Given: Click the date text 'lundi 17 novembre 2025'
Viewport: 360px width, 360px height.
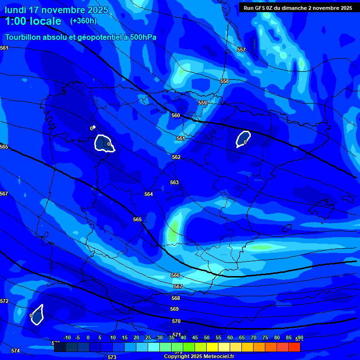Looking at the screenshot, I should pos(56,10).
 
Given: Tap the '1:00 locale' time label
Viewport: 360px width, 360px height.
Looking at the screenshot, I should pos(33,21).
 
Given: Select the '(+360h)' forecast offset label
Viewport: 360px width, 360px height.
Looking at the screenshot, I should pos(83,21).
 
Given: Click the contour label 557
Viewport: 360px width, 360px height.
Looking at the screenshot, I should pos(241,50).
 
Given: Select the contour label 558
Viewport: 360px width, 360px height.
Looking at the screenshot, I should pos(225,81).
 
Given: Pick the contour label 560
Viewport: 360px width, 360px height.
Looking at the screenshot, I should pos(176,115).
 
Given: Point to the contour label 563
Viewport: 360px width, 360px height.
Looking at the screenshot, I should pos(174,182).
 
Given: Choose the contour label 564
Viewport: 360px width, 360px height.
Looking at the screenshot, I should pos(149,194).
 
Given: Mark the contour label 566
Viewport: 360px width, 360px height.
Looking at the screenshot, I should pos(175,276).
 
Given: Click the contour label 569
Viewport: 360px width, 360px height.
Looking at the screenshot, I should pos(174,309).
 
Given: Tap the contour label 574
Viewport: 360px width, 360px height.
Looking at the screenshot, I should pos(15,351).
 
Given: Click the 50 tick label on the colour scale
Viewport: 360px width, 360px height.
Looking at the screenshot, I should pos(207,338).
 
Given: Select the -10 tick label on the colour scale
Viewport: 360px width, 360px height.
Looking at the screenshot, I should pos(67,338).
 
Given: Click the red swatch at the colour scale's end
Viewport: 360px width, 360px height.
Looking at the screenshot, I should pos(294,347).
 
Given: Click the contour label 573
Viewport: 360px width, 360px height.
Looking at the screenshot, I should pos(112,357).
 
